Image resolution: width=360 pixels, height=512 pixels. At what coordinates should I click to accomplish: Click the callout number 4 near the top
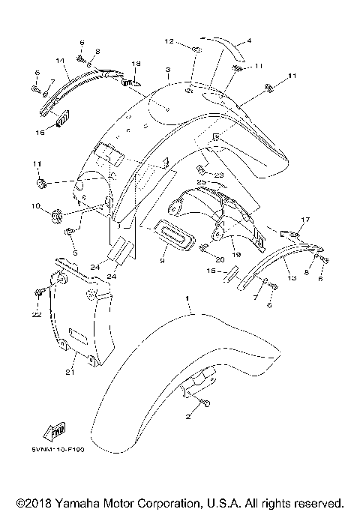click(x=249, y=40)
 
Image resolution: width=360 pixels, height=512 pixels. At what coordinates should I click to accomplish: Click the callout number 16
click(x=40, y=132)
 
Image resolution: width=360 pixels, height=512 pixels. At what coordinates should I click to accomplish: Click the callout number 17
click(x=304, y=219)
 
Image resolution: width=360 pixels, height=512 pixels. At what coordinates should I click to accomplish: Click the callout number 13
click(x=292, y=277)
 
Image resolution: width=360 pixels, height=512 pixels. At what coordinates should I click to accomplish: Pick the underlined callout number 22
click(x=35, y=315)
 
